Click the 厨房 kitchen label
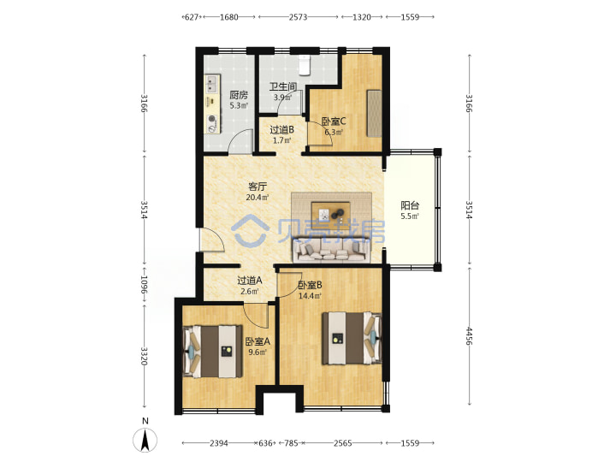coord(239,95)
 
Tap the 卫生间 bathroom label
coord(283,86)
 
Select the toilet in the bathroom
coord(305,65)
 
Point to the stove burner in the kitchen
coord(212,118)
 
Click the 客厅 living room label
coord(258,187)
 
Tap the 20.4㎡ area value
coord(258,198)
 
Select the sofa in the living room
coord(332,249)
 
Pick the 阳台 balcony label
coord(410,205)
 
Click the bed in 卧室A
coord(212,352)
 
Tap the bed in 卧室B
coord(352,338)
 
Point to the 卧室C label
coord(334,121)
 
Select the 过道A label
coord(250,281)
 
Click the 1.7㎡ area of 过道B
coord(282,140)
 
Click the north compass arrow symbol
coord(145,441)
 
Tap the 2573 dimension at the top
coord(299,17)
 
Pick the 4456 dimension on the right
coord(469,336)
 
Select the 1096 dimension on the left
coord(145,285)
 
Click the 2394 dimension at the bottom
coord(219,443)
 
